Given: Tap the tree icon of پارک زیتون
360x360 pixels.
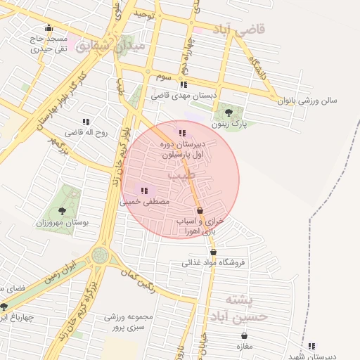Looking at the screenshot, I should pyautogui.click(x=227, y=111).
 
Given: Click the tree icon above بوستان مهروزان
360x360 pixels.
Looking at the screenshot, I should pyautogui.click(x=62, y=210).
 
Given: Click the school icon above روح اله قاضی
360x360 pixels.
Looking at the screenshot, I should pyautogui.click(x=86, y=122).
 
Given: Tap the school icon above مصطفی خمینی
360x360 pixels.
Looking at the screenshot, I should pyautogui.click(x=144, y=190).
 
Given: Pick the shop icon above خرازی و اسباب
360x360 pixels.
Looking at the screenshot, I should pyautogui.click(x=200, y=210).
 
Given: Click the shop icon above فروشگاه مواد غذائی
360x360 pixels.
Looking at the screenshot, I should pyautogui.click(x=213, y=252).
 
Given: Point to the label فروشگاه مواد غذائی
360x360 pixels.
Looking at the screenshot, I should pyautogui.click(x=213, y=263).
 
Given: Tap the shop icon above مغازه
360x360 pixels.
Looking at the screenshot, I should pyautogui.click(x=244, y=336).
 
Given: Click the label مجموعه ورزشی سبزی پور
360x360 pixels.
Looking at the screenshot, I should pyautogui.click(x=124, y=322).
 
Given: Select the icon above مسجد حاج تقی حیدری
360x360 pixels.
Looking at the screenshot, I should pyautogui.click(x=48, y=29).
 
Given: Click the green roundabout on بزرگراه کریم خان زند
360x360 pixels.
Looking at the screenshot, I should pyautogui.click(x=100, y=255).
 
